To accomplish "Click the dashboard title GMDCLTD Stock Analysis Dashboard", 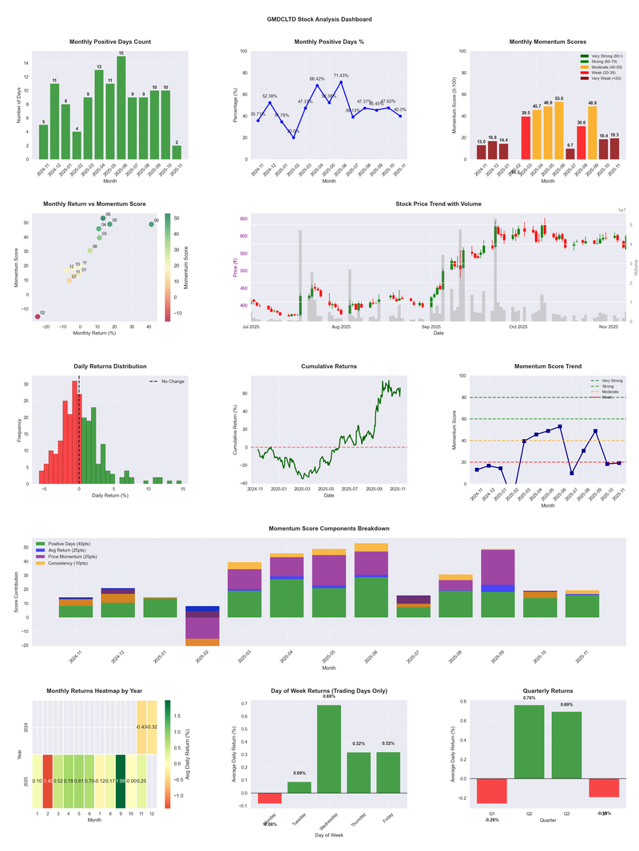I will point(319,18).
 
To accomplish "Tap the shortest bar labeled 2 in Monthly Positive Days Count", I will point(177,152).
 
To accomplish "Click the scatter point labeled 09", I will point(151,224).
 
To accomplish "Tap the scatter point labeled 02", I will point(37,317).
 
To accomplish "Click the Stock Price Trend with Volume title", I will point(438,204).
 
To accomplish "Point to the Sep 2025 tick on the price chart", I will point(431,327).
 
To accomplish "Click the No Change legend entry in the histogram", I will point(167,382).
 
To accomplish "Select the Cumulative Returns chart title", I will point(329,366).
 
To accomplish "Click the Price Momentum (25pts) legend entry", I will point(77,556).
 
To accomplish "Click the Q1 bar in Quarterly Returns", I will point(492,790).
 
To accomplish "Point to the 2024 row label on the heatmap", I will point(27,727).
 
